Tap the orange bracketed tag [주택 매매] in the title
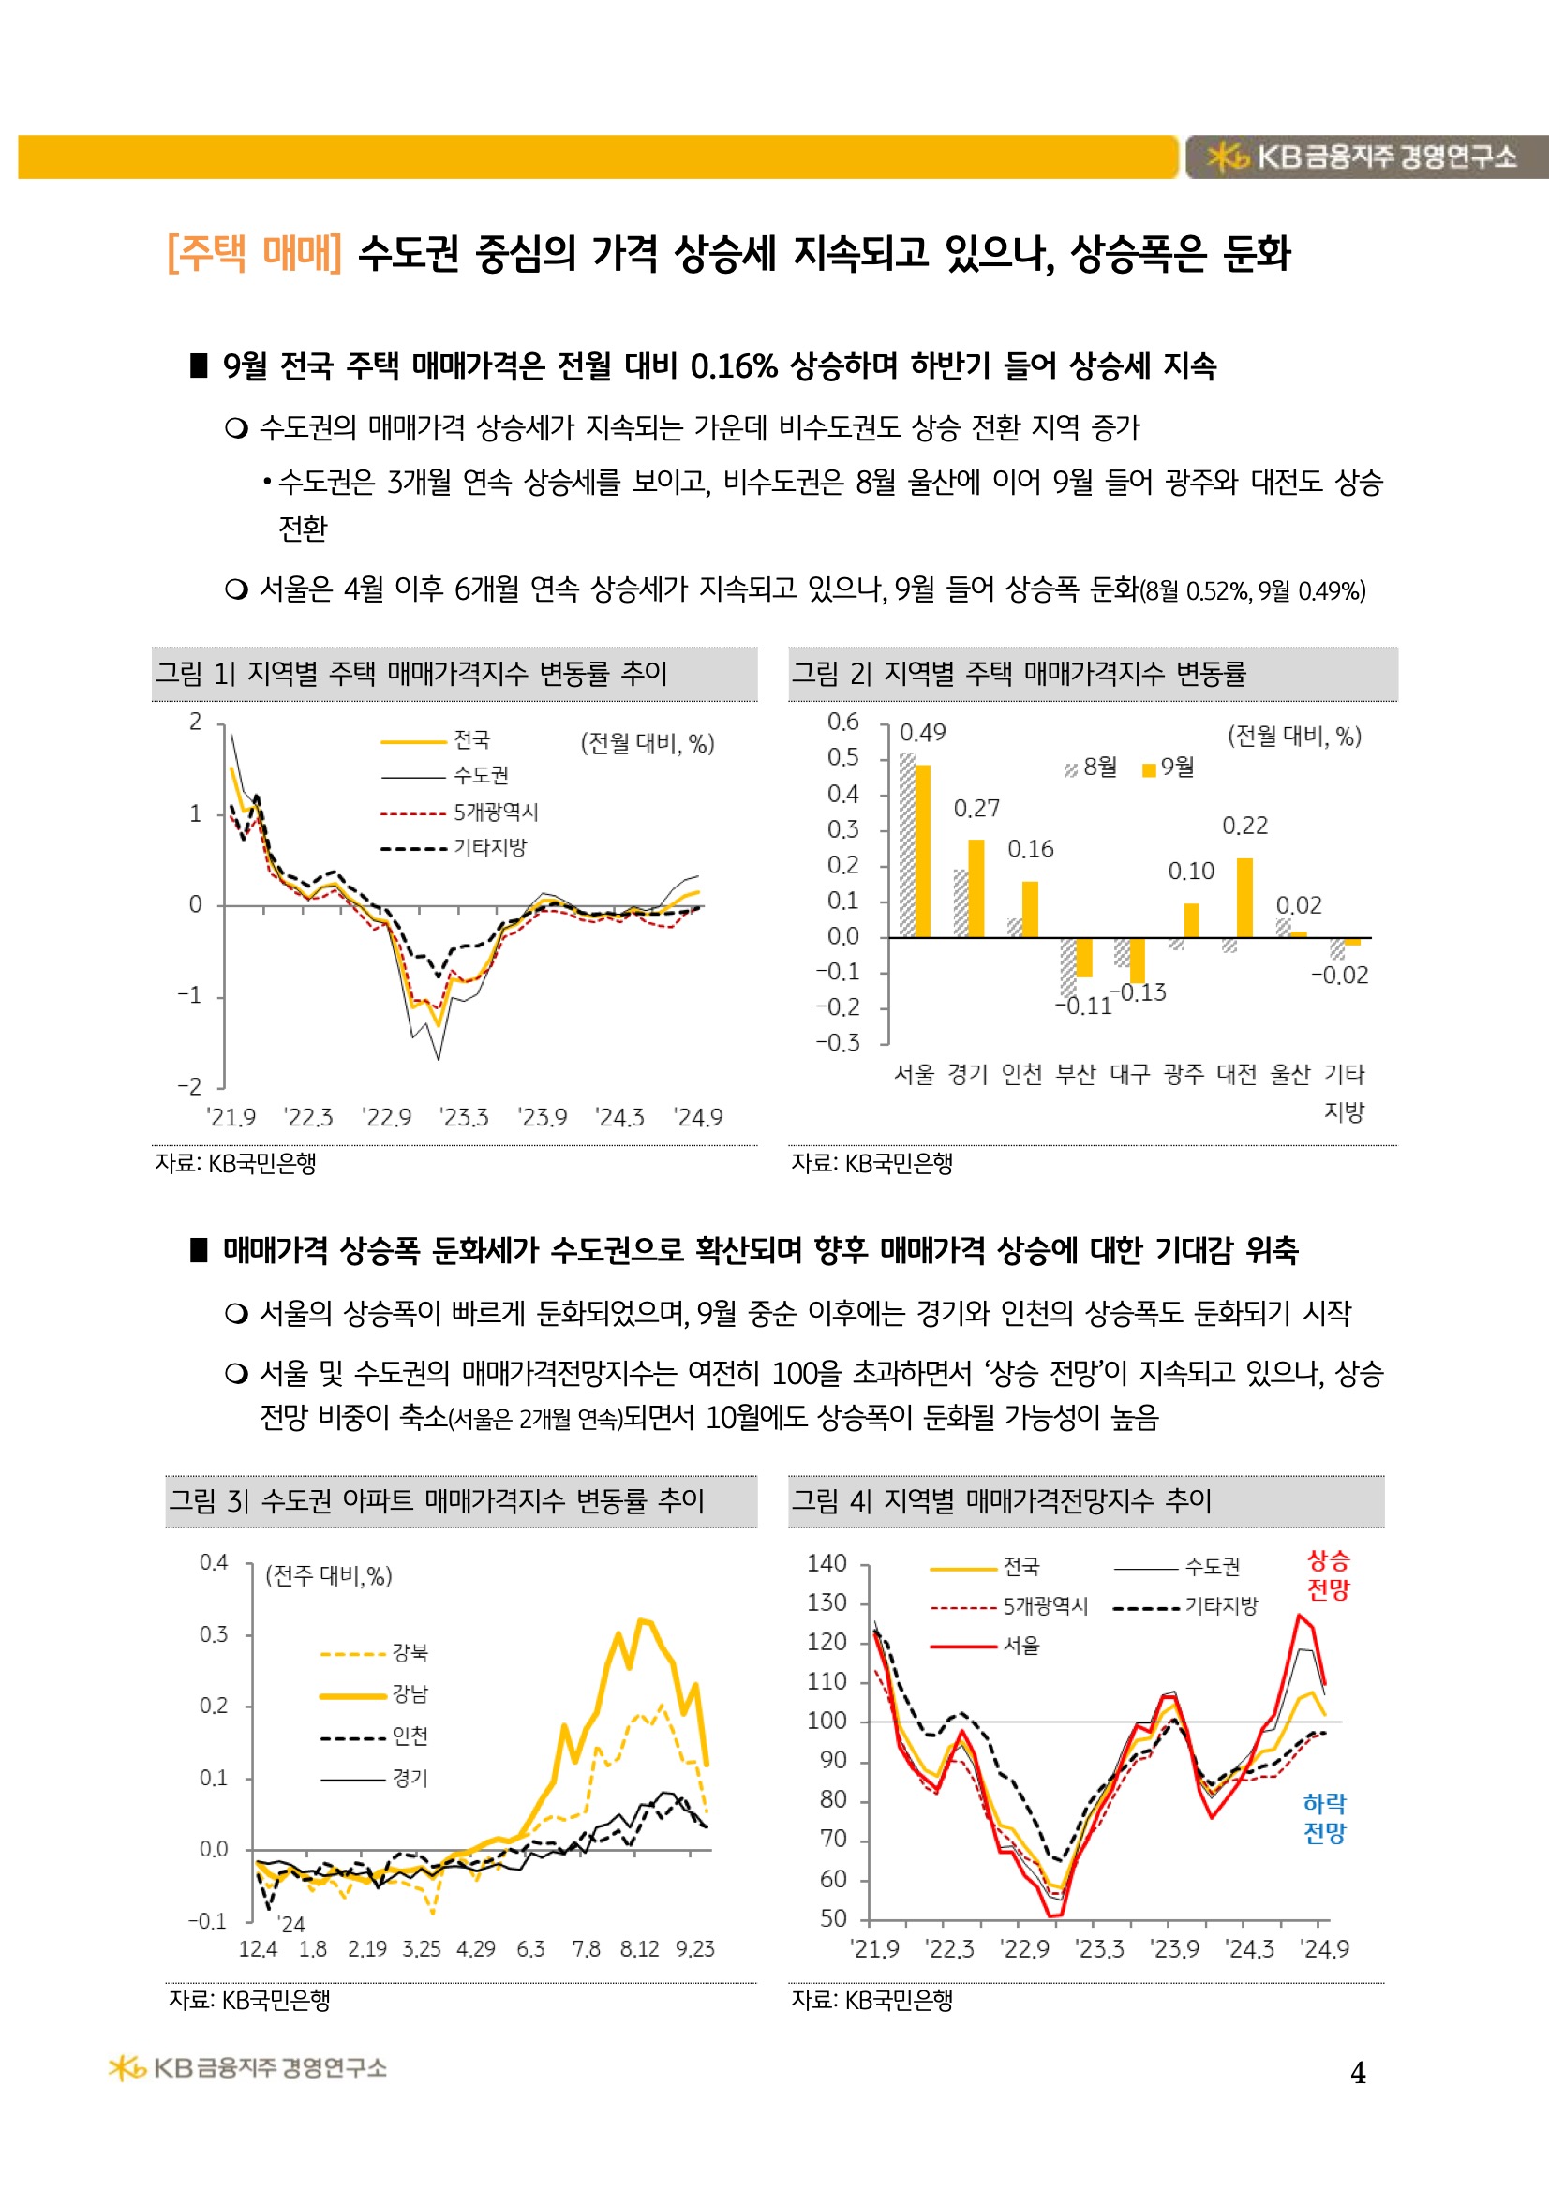click(x=254, y=253)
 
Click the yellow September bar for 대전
click(x=1244, y=897)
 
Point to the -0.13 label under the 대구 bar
click(x=1142, y=992)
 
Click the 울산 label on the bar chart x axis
click(x=1290, y=1075)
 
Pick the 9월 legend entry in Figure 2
click(x=1169, y=768)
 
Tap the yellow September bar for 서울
click(x=922, y=850)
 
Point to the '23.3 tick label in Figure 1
click(x=464, y=1117)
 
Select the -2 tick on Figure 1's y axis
click(x=190, y=1086)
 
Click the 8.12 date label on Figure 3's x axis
click(x=638, y=1949)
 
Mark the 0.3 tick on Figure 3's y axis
click(x=214, y=1634)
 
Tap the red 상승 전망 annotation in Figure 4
click(x=1328, y=1575)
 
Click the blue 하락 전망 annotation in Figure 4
click(x=1325, y=1818)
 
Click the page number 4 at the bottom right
click(x=1357, y=2073)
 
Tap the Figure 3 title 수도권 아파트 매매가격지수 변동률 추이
click(x=482, y=1501)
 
